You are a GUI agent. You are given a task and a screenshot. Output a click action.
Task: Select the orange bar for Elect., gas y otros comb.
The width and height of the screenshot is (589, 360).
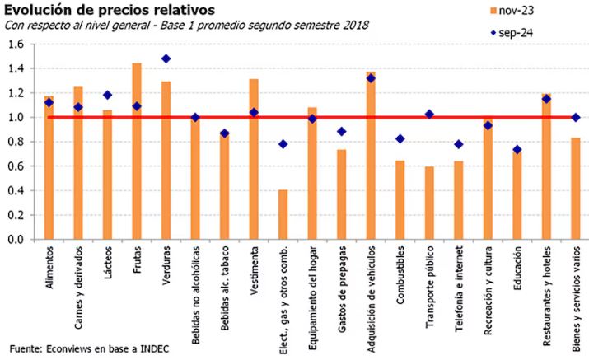[x=283, y=215]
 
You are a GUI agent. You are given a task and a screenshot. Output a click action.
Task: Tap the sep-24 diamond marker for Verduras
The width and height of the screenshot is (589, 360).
[x=166, y=59]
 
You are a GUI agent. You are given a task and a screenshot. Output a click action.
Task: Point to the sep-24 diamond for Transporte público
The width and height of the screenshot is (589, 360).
[x=428, y=115]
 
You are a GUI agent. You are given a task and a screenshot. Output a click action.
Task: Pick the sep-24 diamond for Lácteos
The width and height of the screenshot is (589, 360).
[x=107, y=96]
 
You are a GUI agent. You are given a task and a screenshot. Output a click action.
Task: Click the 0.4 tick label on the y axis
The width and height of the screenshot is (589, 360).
[x=16, y=191]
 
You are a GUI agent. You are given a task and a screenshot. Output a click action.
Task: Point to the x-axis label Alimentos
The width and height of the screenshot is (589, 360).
[x=50, y=269]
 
